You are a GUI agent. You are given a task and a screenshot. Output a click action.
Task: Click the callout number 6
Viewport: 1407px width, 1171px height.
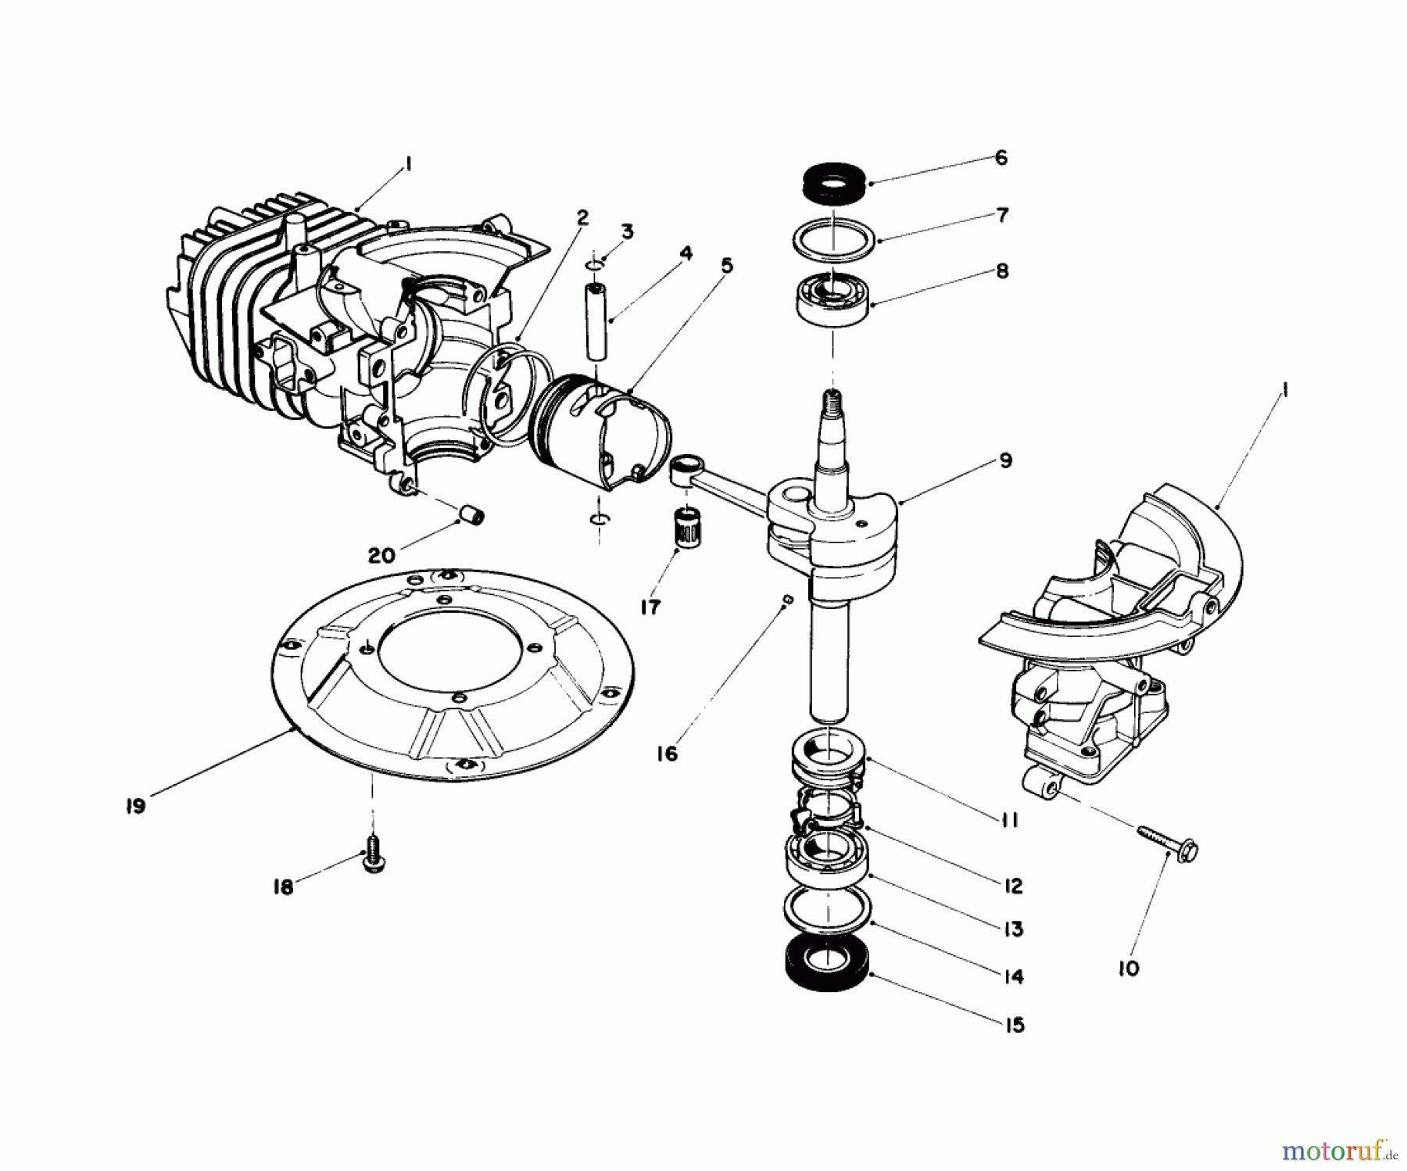(x=1001, y=158)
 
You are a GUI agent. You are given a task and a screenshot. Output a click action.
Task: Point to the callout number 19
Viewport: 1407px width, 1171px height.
(x=135, y=806)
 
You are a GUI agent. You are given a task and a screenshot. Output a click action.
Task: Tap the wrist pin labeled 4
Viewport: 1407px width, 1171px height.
(x=596, y=321)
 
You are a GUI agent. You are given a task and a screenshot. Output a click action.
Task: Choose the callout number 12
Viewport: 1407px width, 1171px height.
(x=1012, y=886)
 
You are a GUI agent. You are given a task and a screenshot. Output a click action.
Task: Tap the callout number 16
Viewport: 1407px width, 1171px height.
(x=667, y=754)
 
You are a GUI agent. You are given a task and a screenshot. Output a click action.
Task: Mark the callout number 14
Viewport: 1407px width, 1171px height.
(x=1012, y=976)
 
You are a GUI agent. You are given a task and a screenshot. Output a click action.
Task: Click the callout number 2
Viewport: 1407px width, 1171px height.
(x=582, y=218)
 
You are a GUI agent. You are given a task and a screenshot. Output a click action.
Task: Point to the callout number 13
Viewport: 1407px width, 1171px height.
(x=1012, y=929)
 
